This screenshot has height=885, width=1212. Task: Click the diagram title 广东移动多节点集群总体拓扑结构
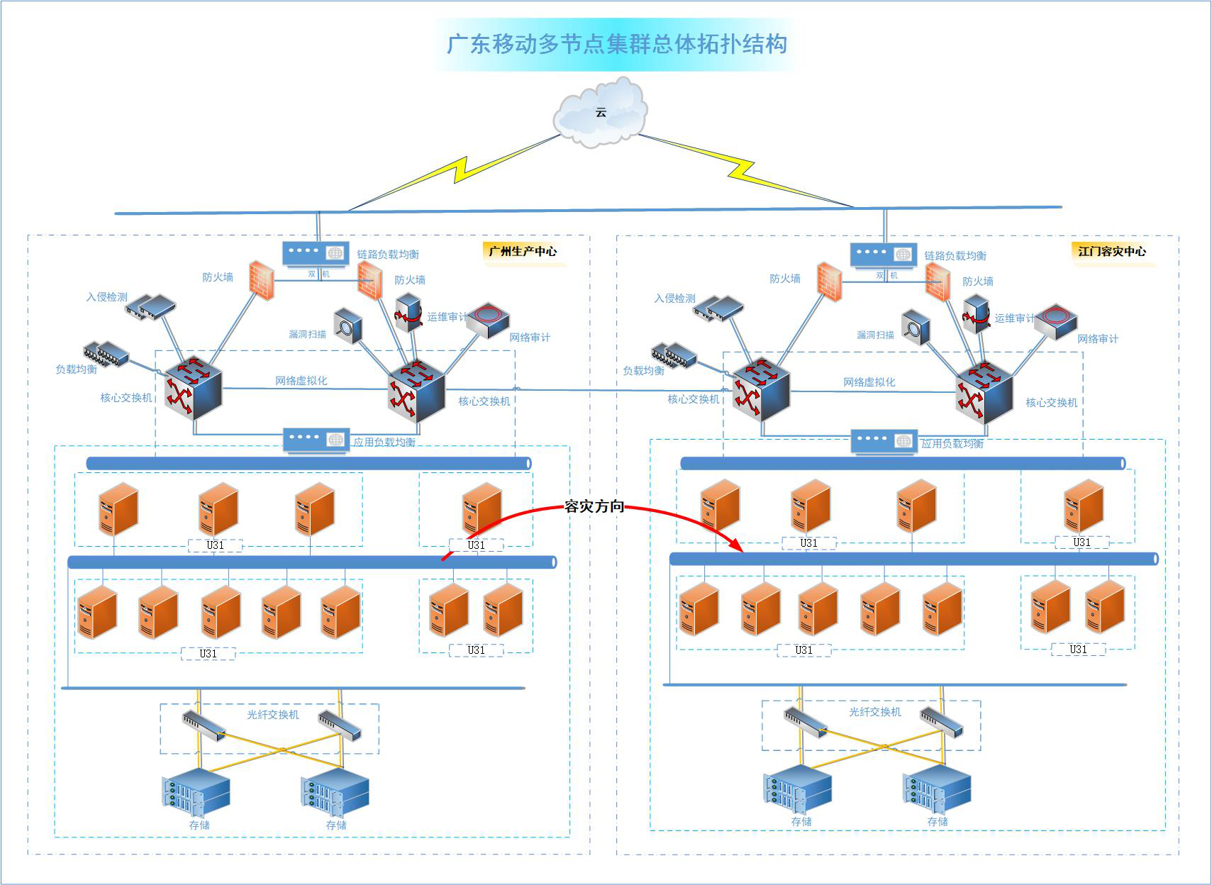click(x=616, y=44)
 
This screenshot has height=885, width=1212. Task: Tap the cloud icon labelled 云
click(x=601, y=113)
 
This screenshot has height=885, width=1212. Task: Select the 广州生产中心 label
click(x=523, y=251)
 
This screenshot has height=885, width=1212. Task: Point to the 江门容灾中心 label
click(x=1111, y=251)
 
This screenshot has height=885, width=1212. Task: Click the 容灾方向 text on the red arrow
click(x=594, y=506)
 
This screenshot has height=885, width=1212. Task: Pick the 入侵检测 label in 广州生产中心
click(x=107, y=297)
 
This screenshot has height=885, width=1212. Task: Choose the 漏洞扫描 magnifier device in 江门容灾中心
click(x=915, y=328)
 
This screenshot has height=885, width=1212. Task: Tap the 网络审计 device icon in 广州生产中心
click(x=487, y=319)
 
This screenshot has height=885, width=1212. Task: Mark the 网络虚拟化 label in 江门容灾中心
click(x=869, y=382)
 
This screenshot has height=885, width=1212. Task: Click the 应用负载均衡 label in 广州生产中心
click(x=384, y=442)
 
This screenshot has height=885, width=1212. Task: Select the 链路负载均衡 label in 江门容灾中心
click(x=955, y=256)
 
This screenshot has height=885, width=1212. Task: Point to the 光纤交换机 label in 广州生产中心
click(x=272, y=715)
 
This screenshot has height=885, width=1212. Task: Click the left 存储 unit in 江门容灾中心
click(x=797, y=788)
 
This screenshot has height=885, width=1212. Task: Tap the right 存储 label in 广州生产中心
click(x=336, y=825)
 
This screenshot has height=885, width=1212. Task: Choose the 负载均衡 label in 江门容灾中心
click(x=643, y=371)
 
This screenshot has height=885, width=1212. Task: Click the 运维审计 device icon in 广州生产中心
click(x=408, y=312)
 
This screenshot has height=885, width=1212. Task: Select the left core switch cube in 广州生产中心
click(x=193, y=387)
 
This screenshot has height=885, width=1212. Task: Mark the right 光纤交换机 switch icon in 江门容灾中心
click(x=941, y=723)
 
